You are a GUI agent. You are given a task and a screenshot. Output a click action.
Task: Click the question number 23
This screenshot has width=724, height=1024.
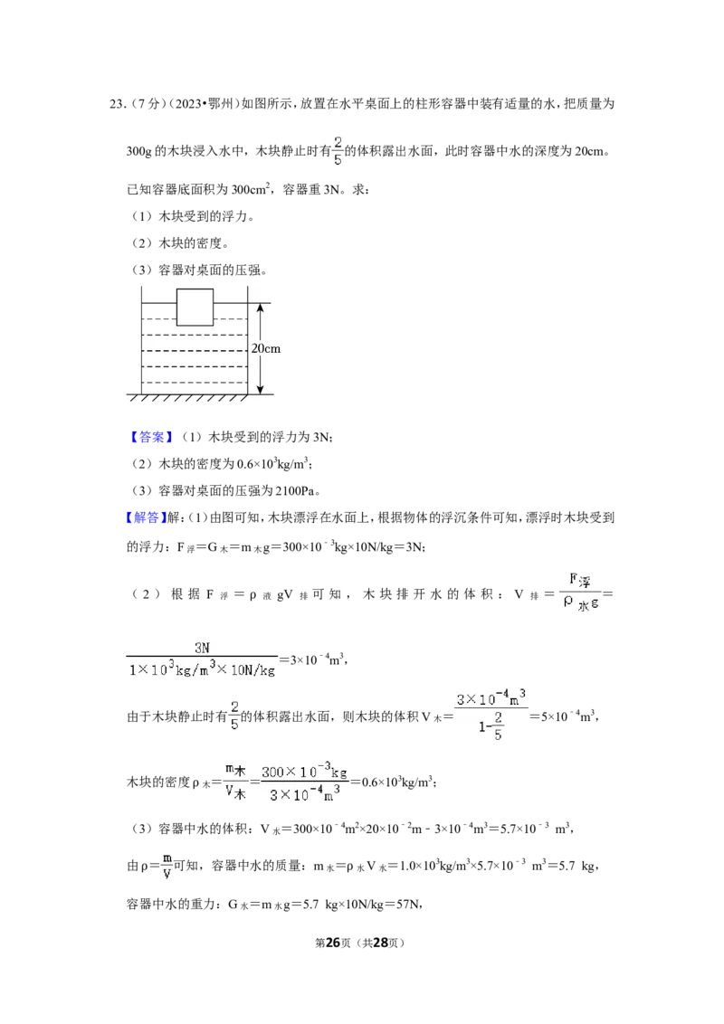click(118, 104)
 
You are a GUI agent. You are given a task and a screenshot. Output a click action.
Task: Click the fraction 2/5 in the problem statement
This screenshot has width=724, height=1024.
click(338, 150)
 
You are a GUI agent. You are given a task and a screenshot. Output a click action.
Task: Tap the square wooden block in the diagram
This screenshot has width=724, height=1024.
click(195, 307)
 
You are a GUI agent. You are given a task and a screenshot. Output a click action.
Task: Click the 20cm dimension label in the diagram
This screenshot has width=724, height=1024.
click(266, 349)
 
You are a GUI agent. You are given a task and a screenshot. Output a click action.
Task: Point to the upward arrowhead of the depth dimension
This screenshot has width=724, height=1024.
click(260, 308)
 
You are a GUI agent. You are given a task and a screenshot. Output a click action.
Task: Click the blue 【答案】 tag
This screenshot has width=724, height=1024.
click(150, 437)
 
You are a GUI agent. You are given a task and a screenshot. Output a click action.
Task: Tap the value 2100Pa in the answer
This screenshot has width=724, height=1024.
click(298, 491)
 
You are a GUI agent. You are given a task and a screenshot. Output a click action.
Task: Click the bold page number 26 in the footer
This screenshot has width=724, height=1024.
click(333, 943)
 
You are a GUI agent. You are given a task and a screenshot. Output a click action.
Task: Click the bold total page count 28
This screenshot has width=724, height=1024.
click(380, 943)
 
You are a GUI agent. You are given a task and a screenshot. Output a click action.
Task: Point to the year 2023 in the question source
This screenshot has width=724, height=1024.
click(187, 104)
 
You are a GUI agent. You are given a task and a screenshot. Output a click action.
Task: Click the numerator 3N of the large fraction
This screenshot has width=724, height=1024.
click(202, 647)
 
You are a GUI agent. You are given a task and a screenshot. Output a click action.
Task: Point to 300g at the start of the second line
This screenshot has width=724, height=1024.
click(138, 151)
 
